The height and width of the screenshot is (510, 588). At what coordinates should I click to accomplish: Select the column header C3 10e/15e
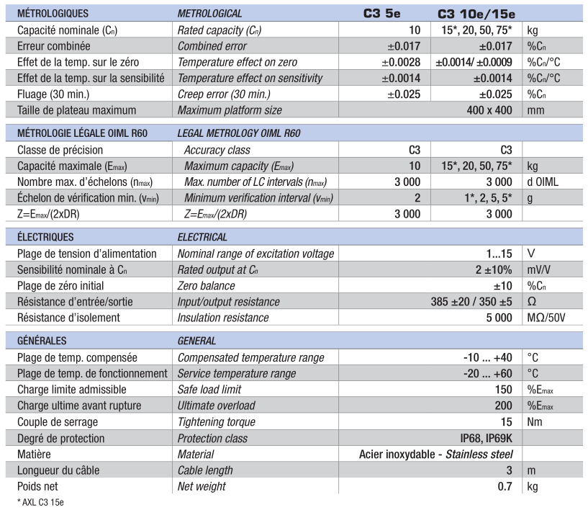[x=476, y=13]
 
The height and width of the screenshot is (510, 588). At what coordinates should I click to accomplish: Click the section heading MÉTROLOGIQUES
[x=53, y=13]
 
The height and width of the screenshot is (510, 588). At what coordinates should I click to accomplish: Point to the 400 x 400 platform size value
[x=489, y=110]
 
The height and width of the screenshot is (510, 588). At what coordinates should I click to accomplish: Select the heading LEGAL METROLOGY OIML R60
[x=249, y=134]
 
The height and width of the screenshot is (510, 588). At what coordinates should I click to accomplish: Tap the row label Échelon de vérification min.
[x=85, y=197]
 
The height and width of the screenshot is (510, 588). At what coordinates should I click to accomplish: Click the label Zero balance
[x=207, y=285]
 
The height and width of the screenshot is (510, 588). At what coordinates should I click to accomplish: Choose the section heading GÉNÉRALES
[x=42, y=341]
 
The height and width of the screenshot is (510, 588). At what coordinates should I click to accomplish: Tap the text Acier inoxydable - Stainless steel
[x=435, y=454]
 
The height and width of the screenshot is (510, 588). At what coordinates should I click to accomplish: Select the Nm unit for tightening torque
[x=534, y=421]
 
